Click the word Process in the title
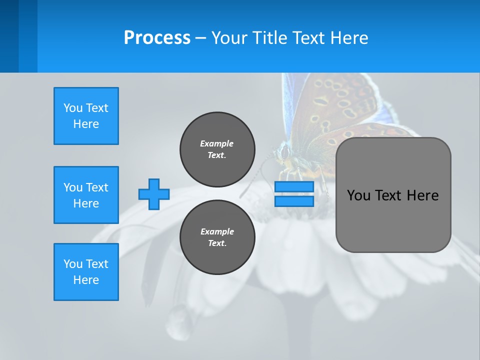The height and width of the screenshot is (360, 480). (x=157, y=38)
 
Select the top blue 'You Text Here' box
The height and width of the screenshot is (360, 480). (x=86, y=116)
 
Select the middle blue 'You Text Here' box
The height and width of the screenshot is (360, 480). (x=86, y=195)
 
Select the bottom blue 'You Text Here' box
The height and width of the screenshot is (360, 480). (x=86, y=272)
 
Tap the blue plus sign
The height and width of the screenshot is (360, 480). (x=154, y=194)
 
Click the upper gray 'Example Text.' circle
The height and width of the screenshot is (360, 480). (x=217, y=149)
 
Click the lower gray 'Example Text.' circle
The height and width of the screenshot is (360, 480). (x=217, y=237)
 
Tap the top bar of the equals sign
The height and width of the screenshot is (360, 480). (x=294, y=187)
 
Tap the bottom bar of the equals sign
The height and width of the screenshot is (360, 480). (x=294, y=201)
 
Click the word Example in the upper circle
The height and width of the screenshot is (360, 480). (x=217, y=143)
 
